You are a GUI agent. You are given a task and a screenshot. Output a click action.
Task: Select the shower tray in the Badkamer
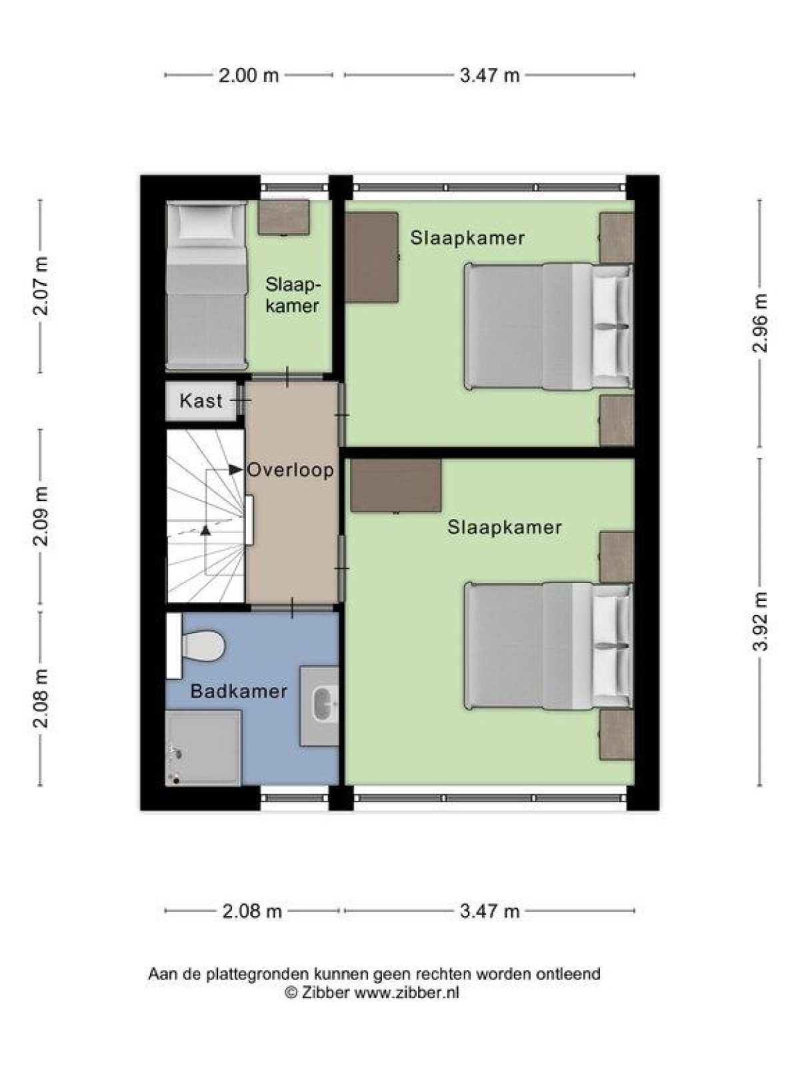(203, 748)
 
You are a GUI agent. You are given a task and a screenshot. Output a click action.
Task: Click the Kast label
(201, 401)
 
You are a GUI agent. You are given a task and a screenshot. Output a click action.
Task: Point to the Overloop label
(291, 470)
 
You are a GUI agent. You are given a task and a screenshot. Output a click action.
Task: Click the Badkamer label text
(239, 692)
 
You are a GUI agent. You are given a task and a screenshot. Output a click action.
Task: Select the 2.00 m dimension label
(249, 75)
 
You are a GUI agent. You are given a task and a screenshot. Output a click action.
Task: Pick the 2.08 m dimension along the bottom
(252, 911)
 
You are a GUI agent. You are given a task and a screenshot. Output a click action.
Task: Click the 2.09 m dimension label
(41, 516)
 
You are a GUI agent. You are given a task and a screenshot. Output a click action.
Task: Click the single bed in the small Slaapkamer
(206, 286)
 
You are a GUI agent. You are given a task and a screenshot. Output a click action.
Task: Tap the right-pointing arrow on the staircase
(235, 470)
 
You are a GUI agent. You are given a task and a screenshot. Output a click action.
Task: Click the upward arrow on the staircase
(205, 530)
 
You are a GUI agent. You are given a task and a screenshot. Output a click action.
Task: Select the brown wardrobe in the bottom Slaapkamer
(396, 486)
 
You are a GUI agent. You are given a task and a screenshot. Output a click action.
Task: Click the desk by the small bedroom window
(284, 217)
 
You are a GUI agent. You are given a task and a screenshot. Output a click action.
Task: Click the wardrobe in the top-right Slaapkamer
(371, 257)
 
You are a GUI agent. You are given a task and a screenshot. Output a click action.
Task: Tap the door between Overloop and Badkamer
(293, 607)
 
